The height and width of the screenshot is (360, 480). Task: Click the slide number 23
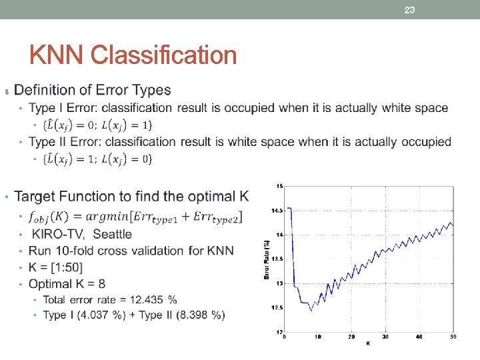point(410,9)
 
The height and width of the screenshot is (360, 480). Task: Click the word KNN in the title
point(57,55)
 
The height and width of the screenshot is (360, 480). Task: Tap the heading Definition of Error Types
point(92,90)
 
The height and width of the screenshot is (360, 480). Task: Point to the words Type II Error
point(65,141)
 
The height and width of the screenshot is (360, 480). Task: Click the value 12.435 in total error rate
point(145,299)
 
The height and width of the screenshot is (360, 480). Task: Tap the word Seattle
point(113,234)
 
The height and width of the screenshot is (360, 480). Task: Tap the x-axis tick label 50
point(453,337)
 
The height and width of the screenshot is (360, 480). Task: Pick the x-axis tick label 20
point(352,337)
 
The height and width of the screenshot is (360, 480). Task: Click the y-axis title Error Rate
point(267,258)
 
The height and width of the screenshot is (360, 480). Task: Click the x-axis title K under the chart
point(368,344)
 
